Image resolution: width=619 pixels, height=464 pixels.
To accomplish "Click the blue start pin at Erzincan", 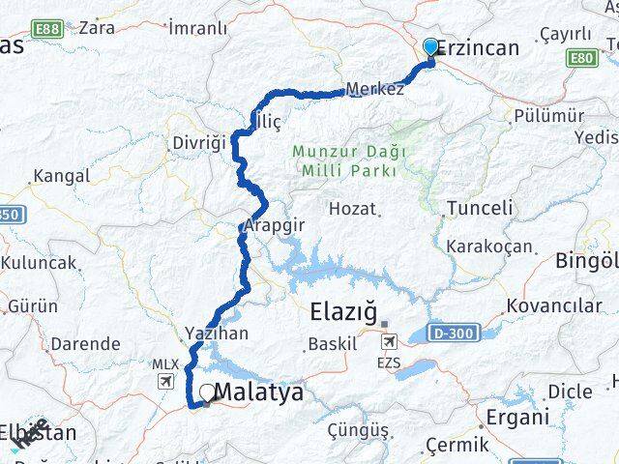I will coord(430,46).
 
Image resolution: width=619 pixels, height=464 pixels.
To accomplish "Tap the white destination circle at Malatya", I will coord(206,393).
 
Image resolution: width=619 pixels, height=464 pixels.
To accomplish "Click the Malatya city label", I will coord(258,392).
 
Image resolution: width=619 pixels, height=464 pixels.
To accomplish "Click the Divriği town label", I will coord(198,142).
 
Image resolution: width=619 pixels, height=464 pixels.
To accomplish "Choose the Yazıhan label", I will coord(217,333).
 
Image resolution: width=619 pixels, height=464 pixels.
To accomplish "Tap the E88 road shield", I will coord(45,30).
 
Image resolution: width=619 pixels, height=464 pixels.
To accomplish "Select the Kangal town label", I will coord(61,176).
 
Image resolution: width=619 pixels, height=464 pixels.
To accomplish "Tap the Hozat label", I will coord(352,208).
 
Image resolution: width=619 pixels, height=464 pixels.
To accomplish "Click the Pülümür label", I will coord(550,116).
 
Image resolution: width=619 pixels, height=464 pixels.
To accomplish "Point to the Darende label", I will coord(85,343).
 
